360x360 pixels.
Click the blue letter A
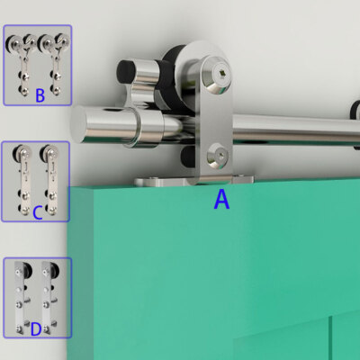(221, 200)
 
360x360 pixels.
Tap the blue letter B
(40, 95)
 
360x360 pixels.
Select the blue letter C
(37, 212)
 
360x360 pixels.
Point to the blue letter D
(36, 329)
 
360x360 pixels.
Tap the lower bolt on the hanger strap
(218, 156)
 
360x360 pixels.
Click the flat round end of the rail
(78, 124)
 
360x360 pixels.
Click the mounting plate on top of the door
(193, 181)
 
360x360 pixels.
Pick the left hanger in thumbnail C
(22, 180)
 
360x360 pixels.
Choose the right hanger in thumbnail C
(49, 180)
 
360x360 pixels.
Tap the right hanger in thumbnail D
(49, 297)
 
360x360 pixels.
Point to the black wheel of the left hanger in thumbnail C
(17, 153)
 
